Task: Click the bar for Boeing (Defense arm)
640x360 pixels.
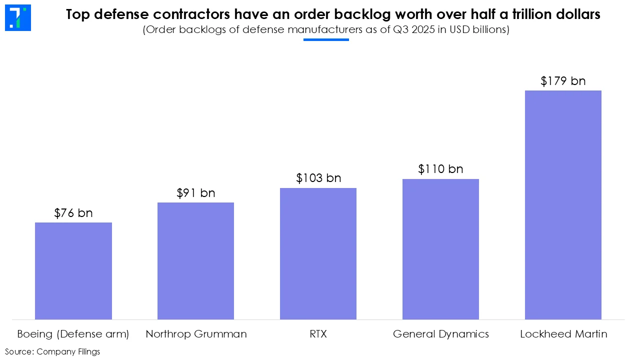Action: [73, 270]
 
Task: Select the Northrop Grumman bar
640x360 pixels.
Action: [195, 260]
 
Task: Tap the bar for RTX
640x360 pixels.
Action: [318, 253]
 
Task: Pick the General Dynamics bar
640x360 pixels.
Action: [440, 249]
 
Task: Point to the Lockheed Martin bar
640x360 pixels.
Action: [563, 204]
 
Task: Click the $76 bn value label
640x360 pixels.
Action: [73, 213]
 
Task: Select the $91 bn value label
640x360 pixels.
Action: [195, 193]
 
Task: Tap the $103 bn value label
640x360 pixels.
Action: [318, 178]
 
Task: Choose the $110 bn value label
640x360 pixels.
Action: [440, 169]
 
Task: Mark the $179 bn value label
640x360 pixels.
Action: [563, 81]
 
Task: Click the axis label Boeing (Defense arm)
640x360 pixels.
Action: [73, 334]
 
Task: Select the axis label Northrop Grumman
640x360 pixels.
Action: [196, 334]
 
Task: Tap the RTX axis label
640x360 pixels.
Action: [318, 334]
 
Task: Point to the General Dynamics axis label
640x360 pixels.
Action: [440, 334]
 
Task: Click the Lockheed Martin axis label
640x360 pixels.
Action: [563, 334]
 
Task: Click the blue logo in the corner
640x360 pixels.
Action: [18, 18]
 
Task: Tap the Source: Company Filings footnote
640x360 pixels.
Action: [52, 351]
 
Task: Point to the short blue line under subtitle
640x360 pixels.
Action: [326, 39]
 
